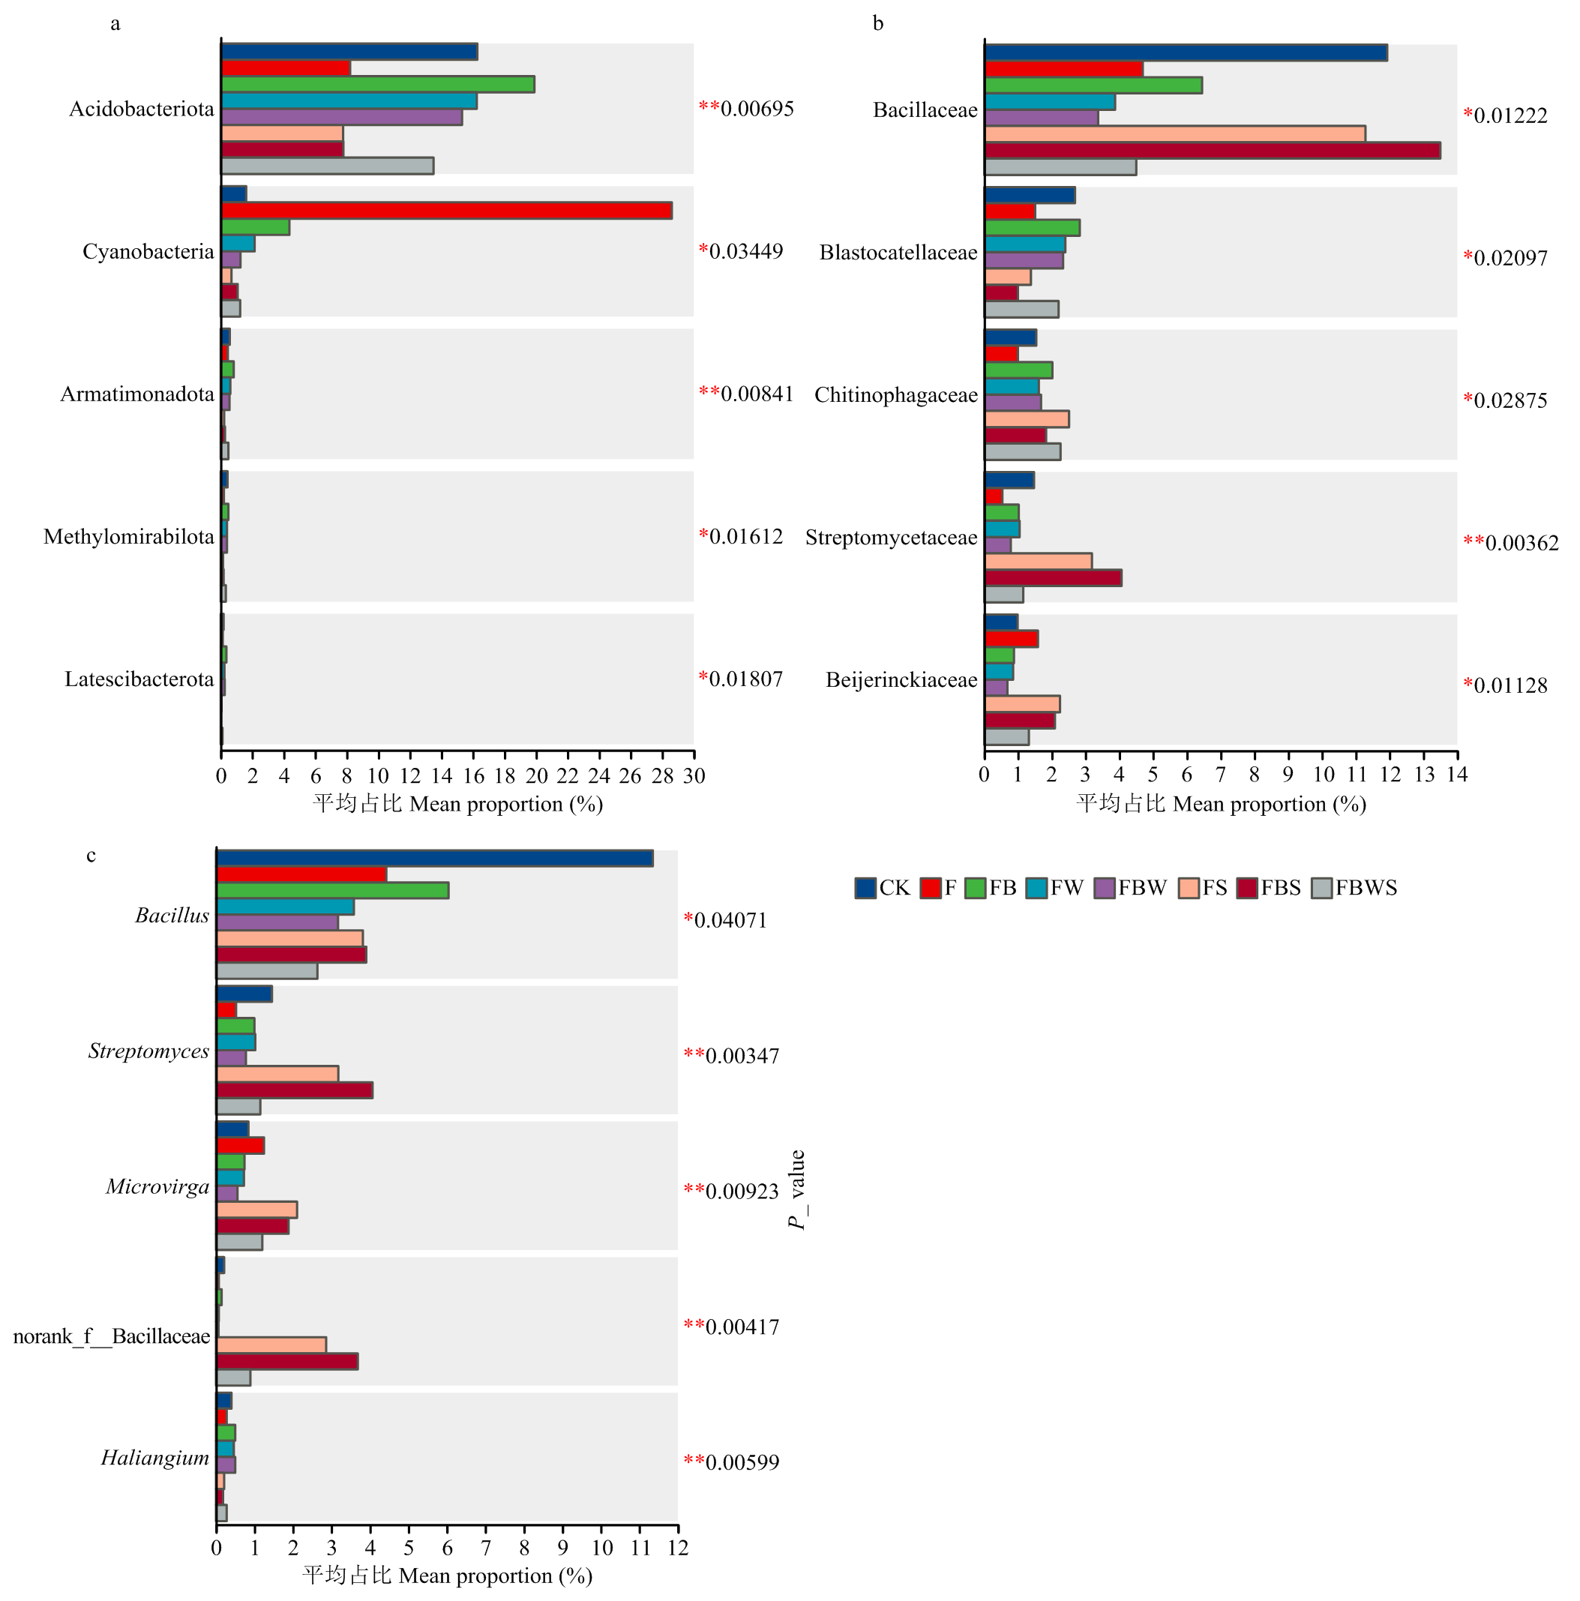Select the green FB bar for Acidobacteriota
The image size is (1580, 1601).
(377, 85)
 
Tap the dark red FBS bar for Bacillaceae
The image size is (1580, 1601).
(1211, 151)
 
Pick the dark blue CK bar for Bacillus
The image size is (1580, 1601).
(434, 859)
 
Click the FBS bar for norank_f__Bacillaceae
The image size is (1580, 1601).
(286, 1362)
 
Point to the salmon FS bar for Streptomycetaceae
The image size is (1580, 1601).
(1037, 561)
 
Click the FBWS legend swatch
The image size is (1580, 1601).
(1321, 889)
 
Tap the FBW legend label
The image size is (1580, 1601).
(1142, 889)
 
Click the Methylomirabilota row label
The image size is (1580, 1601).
(128, 537)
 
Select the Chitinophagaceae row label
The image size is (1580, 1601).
(895, 395)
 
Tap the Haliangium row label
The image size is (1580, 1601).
(155, 1458)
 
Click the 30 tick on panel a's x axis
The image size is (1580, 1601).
(694, 776)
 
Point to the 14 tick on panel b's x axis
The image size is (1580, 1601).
(1456, 775)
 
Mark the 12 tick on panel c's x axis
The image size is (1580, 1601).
(678, 1548)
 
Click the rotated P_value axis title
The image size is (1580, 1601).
(797, 1190)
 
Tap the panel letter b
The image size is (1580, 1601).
(878, 23)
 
